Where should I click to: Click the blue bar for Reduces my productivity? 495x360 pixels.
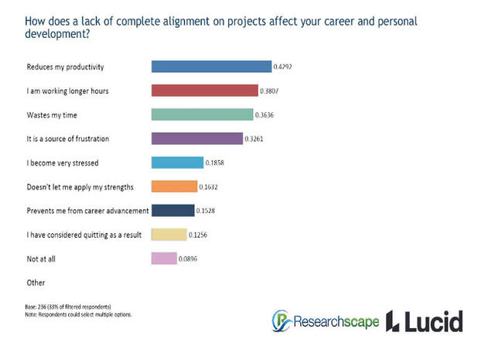tap(211, 67)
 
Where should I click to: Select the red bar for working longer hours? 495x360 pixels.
tap(204, 91)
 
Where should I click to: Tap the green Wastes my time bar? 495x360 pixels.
tap(202, 115)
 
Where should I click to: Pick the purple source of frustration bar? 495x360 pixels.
tap(196, 139)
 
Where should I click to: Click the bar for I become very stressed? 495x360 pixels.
tap(177, 163)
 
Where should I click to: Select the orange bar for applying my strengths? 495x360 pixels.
tap(174, 187)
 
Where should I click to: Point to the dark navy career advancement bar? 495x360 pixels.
tap(172, 210)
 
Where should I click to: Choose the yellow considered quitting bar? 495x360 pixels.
tap(169, 234)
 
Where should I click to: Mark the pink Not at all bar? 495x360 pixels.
tap(164, 258)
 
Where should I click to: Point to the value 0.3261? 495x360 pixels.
tap(254, 139)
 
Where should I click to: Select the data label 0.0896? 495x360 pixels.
tap(189, 259)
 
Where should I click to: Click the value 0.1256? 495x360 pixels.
tap(199, 235)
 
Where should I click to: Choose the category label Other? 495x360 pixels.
tap(35, 282)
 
